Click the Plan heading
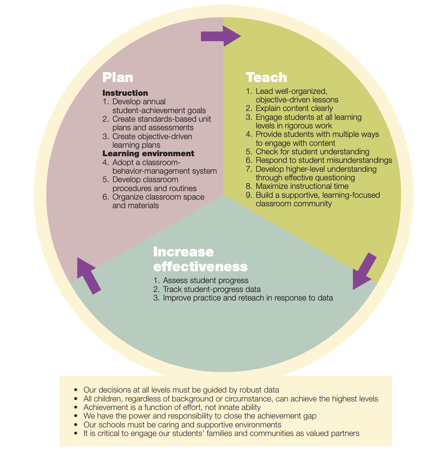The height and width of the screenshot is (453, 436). click(x=118, y=77)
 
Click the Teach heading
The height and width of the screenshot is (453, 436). click(x=266, y=77)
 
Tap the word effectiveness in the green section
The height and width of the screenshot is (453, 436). click(x=200, y=266)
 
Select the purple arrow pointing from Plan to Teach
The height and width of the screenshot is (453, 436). click(x=221, y=36)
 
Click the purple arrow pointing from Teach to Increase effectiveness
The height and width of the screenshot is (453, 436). click(x=364, y=271)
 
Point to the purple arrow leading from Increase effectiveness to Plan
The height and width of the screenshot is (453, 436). click(x=89, y=276)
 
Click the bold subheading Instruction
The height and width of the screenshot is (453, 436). click(x=125, y=93)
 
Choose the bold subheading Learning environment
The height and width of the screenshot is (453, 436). click(x=148, y=153)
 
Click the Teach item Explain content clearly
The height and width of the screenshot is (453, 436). click(x=294, y=108)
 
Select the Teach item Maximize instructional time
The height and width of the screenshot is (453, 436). click(x=302, y=186)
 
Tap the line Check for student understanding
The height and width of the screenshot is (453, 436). click(x=312, y=151)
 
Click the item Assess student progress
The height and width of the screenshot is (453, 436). click(x=205, y=280)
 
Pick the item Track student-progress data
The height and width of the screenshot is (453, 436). click(x=211, y=289)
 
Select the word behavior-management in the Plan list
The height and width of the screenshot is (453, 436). click(x=151, y=171)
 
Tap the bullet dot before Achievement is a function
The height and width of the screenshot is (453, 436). click(x=76, y=407)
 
